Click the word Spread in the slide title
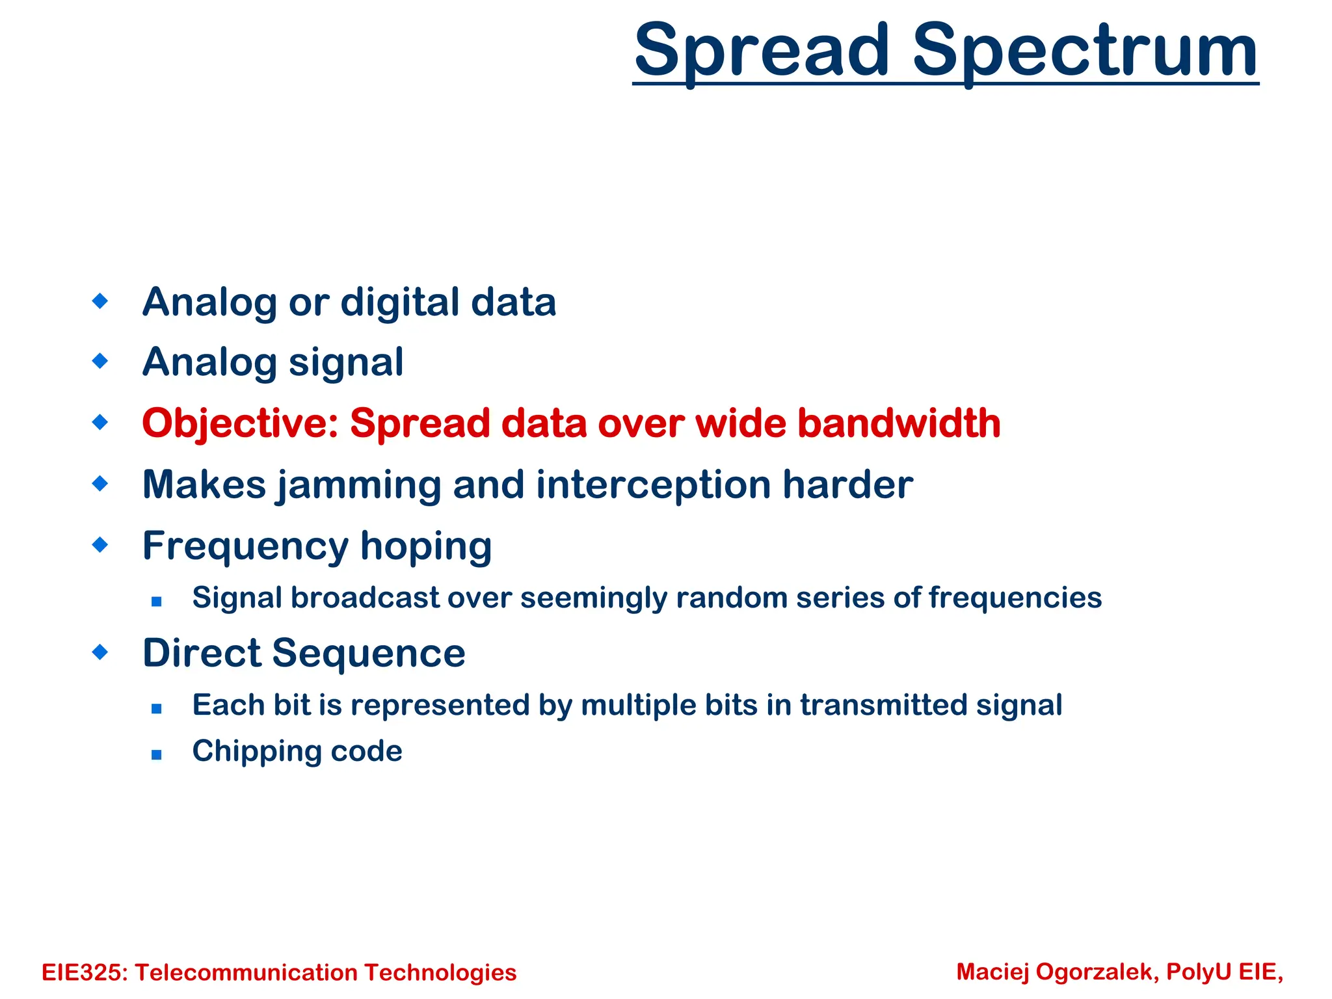click(x=762, y=51)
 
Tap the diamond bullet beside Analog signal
click(x=100, y=360)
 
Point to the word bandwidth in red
click(x=899, y=423)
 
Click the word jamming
click(x=358, y=486)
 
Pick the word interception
click(x=653, y=486)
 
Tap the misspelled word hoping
click(x=426, y=546)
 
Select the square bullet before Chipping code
click(x=156, y=754)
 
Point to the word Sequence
click(x=368, y=653)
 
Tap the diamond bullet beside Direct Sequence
click(x=100, y=652)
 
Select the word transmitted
click(x=883, y=705)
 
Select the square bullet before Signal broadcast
click(x=156, y=602)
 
